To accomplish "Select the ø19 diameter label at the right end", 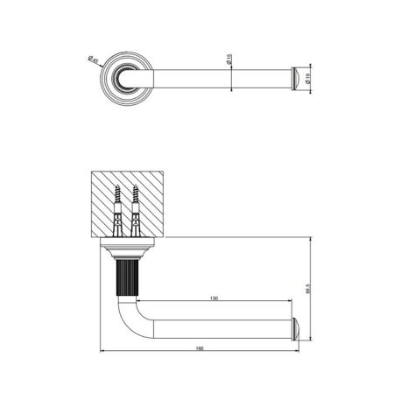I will (x=313, y=78).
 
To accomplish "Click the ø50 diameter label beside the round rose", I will (x=94, y=61).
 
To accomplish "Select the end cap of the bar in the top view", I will (x=298, y=77).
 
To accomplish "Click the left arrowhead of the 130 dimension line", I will (x=140, y=303).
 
